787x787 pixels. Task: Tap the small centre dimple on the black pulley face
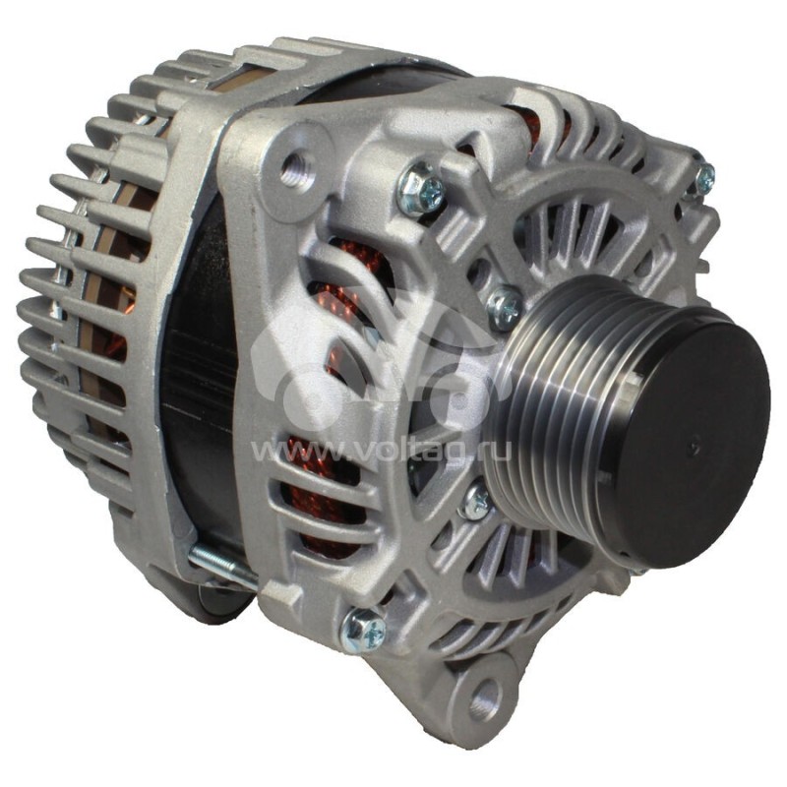tap(694, 449)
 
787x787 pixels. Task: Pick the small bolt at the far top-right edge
tap(702, 178)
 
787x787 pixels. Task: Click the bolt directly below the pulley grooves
tap(476, 503)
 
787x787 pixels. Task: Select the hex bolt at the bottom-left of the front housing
tap(364, 629)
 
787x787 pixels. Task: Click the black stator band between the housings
tap(197, 393)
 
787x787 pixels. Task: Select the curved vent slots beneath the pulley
tap(531, 580)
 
